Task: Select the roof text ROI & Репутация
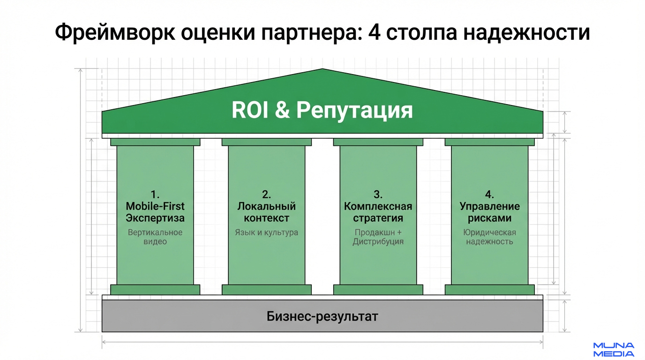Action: pyautogui.click(x=322, y=111)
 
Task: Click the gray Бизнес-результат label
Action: pyautogui.click(x=322, y=316)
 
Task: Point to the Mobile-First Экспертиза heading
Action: pyautogui.click(x=155, y=212)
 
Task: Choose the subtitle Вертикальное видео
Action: pyautogui.click(x=155, y=237)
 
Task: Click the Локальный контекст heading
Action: pyautogui.click(x=267, y=212)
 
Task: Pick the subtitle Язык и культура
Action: pyautogui.click(x=267, y=232)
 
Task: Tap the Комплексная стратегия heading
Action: pyautogui.click(x=378, y=212)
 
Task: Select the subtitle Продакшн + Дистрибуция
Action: pyautogui.click(x=378, y=237)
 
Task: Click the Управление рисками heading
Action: pyautogui.click(x=490, y=212)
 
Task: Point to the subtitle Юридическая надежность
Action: pyautogui.click(x=490, y=237)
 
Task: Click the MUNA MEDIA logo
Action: pyautogui.click(x=614, y=350)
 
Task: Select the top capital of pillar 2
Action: pyautogui.click(x=267, y=142)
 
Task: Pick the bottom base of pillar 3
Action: pyautogui.click(x=378, y=290)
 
